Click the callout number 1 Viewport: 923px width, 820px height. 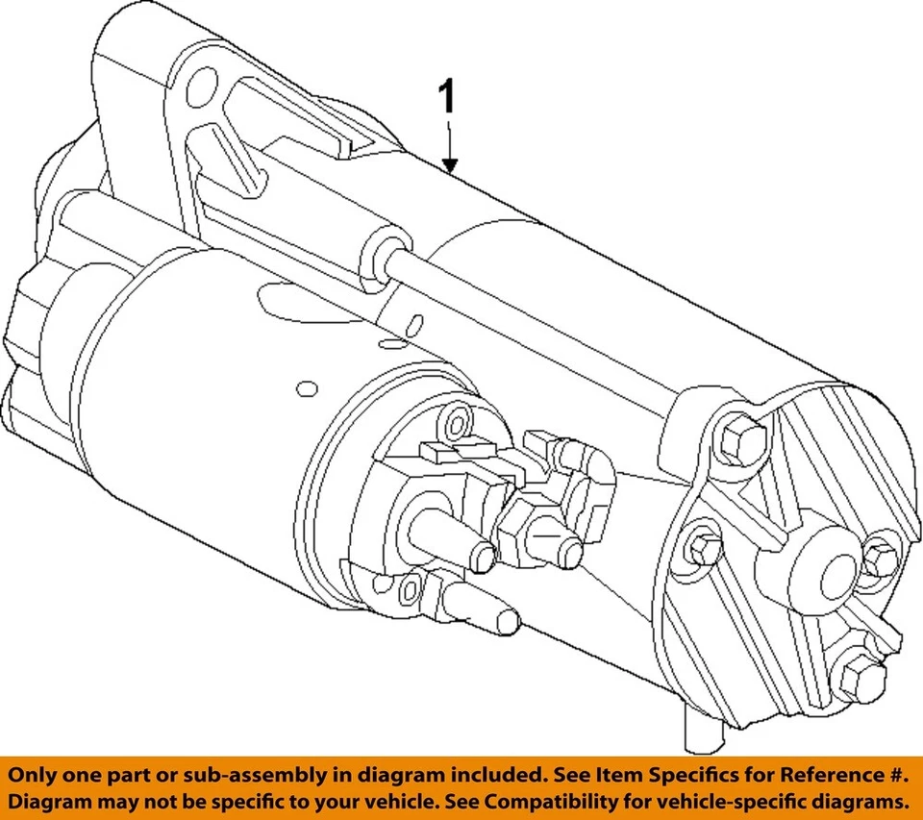tap(448, 100)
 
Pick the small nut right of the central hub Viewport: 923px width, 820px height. tap(878, 559)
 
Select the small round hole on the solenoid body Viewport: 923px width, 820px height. tap(308, 389)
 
